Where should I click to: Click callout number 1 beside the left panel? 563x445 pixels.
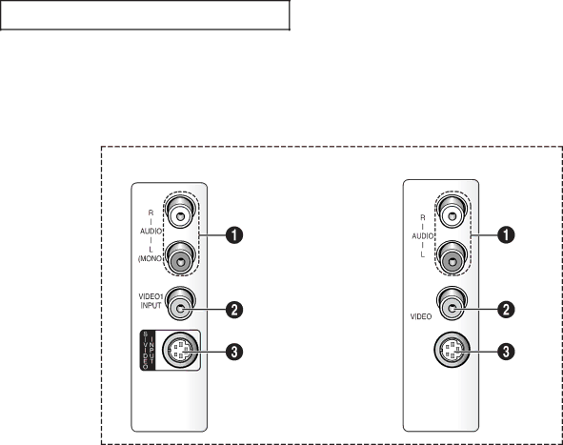pos(234,235)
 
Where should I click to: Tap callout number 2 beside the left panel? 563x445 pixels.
pos(234,310)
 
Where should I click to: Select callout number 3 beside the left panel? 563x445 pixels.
pos(234,352)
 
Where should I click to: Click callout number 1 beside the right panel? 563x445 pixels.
pos(506,235)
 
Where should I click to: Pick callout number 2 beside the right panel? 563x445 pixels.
pos(506,310)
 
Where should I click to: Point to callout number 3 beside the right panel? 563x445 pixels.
pos(506,352)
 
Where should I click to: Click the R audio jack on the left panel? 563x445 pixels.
pos(181,212)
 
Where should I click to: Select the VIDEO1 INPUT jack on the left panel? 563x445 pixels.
pos(181,304)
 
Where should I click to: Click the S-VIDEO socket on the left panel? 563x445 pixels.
pos(180,351)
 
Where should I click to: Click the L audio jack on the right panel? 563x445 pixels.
pos(452,258)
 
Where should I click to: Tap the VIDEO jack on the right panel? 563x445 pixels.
pos(452,304)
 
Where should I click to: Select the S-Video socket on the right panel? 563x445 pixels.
pos(452,350)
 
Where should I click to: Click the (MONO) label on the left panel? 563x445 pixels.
pos(151,258)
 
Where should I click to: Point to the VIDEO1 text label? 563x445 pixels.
pos(151,296)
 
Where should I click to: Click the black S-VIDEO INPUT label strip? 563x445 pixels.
pos(149,350)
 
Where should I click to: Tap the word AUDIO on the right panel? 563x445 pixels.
pos(423,236)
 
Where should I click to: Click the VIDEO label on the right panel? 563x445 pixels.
pos(421,316)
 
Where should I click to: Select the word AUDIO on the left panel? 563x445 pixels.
pos(151,232)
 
